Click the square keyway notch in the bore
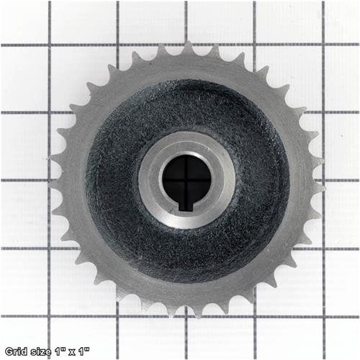pyautogui.click(x=186, y=207)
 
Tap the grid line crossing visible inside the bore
pyautogui.click(x=186, y=180)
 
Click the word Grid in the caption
pyautogui.click(x=16, y=351)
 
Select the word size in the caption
pyautogui.click(x=40, y=352)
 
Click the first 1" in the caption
pyautogui.click(x=59, y=351)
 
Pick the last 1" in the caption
pyautogui.click(x=84, y=351)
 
